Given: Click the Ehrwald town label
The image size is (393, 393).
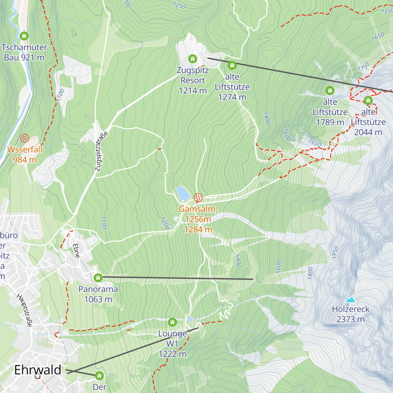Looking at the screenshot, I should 38,370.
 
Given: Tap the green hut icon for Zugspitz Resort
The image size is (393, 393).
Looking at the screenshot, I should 193,59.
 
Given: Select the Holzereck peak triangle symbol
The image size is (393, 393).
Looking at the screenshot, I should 351,299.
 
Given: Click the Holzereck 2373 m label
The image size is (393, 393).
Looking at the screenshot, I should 350,314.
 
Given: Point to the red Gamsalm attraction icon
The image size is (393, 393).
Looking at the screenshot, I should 198,198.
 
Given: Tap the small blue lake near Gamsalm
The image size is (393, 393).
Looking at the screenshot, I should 182,193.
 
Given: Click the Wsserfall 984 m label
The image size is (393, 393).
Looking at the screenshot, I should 25,155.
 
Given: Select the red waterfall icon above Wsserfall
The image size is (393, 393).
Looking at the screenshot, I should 24,138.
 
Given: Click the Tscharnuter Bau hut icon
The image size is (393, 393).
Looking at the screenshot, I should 24,36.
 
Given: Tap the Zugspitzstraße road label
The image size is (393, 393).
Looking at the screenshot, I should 101,152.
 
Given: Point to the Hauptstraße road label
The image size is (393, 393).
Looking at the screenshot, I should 25,310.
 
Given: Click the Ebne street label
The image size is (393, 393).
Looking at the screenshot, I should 76,251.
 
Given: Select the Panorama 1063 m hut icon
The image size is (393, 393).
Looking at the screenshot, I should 98,278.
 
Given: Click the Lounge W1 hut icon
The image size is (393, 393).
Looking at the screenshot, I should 172,322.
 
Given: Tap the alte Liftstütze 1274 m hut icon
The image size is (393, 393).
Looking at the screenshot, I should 232,65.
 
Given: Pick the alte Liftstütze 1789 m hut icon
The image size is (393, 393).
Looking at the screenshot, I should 330,90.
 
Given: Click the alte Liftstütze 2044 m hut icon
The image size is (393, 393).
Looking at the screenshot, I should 368,101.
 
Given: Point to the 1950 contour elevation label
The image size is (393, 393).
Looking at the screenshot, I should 335,253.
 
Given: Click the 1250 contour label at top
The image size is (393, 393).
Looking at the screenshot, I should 179,5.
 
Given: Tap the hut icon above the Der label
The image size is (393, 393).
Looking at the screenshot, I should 99,376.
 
